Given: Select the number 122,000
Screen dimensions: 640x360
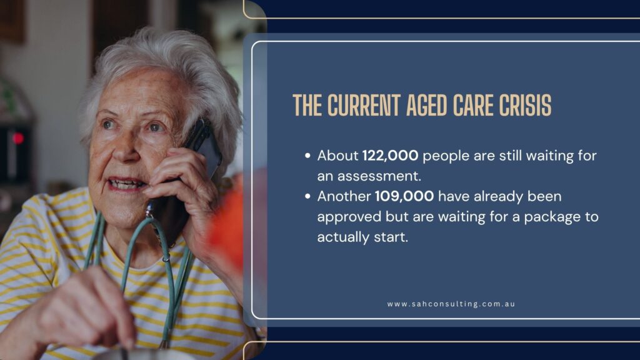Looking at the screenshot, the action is (390, 156).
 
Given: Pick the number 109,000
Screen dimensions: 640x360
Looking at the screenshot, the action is (404, 196).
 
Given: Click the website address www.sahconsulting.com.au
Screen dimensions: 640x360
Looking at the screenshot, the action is (451, 304).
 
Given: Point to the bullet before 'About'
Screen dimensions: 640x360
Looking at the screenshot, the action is (307, 156).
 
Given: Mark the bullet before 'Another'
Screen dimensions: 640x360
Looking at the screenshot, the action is (307, 196).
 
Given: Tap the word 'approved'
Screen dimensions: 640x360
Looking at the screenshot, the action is (349, 217).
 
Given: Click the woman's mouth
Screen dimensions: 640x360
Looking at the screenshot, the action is (125, 184).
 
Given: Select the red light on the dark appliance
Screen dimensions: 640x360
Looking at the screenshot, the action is (17, 138).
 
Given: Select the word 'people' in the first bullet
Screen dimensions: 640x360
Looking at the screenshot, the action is (446, 156).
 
